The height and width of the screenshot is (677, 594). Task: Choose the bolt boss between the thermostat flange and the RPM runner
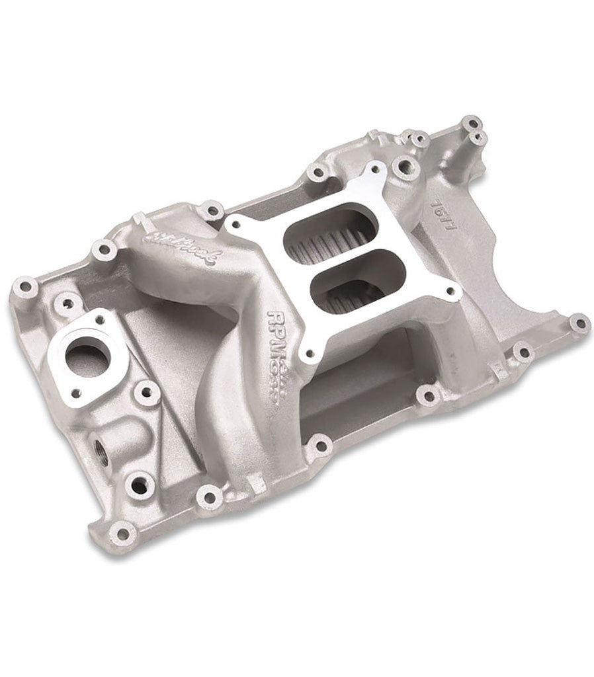point(146,393)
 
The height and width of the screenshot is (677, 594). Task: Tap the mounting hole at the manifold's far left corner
point(26,288)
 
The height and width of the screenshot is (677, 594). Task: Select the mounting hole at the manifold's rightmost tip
point(579,323)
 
